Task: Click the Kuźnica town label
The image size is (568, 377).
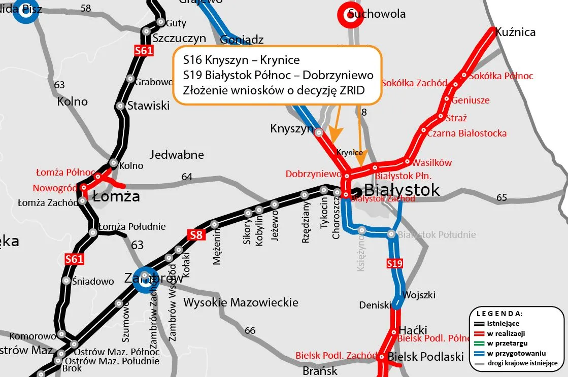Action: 515,32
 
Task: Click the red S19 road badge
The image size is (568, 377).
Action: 394,263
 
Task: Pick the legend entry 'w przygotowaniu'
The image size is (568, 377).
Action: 517,353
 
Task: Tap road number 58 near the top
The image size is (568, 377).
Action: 86,8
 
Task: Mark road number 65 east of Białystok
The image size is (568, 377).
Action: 502,197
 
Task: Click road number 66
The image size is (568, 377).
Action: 250,331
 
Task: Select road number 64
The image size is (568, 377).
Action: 187,177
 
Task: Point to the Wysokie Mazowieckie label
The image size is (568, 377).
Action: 241,303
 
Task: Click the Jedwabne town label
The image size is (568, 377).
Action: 177,155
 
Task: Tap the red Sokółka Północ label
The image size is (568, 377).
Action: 501,76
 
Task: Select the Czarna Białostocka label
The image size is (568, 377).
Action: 466,133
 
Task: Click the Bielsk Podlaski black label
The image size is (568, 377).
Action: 425,357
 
